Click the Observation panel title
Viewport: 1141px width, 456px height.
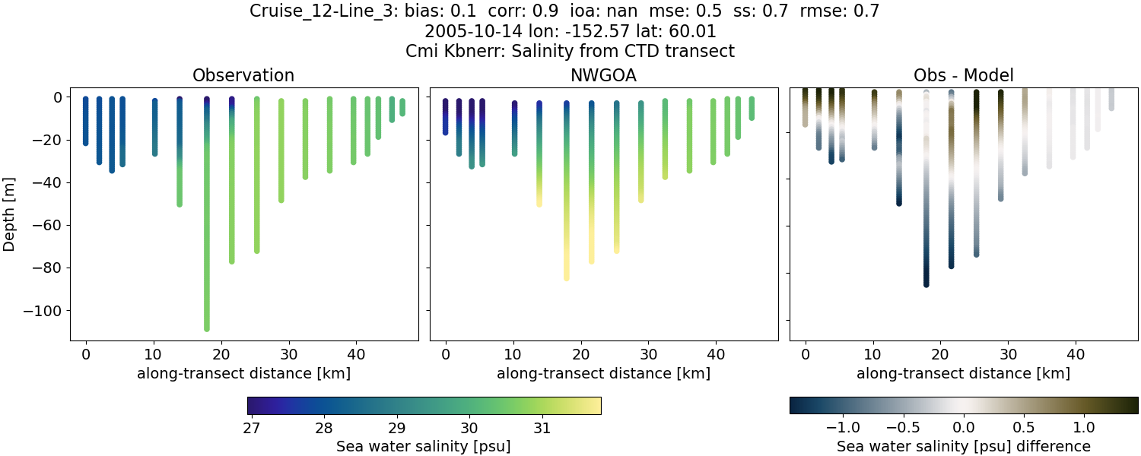tap(243, 75)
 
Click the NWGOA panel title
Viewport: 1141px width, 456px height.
tap(604, 75)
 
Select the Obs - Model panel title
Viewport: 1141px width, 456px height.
tap(963, 75)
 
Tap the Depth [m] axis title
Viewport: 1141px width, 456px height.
tap(10, 214)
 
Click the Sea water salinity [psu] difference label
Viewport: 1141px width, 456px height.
tap(963, 446)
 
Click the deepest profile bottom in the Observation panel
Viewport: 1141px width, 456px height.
tap(207, 328)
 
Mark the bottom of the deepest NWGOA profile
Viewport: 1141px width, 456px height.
tap(567, 277)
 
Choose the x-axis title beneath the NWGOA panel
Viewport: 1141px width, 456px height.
tap(604, 373)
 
